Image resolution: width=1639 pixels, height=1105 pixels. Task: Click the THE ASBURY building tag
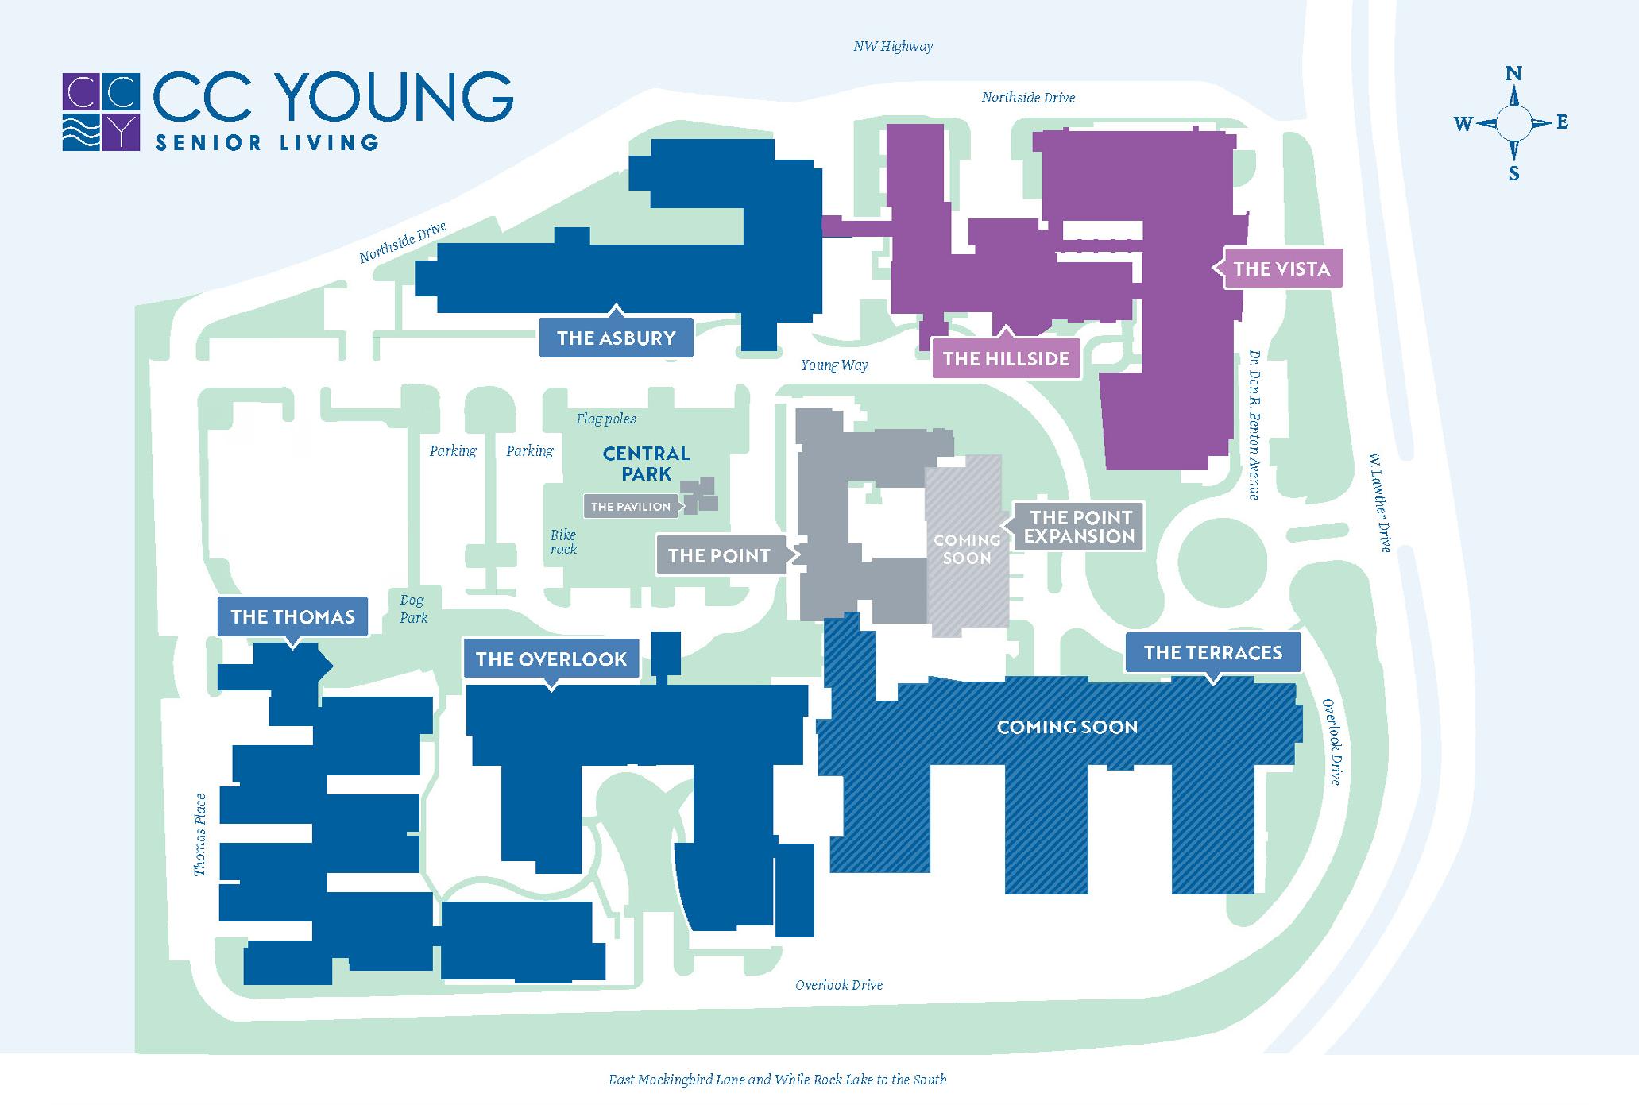click(x=616, y=338)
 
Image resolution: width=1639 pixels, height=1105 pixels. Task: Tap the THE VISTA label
click(x=1281, y=269)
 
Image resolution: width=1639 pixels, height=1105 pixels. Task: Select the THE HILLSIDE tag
click(x=1006, y=358)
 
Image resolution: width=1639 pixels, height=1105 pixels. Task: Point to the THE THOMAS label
click(x=292, y=616)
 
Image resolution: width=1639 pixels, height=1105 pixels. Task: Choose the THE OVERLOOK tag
click(x=551, y=659)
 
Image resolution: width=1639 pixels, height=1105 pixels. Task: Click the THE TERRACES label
click(x=1212, y=652)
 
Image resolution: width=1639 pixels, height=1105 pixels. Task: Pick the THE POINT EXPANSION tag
click(x=1078, y=526)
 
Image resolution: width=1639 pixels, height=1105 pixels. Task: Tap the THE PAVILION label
click(x=631, y=507)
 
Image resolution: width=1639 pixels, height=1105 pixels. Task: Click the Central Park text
click(x=646, y=463)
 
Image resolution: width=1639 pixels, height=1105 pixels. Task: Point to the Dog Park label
click(x=412, y=609)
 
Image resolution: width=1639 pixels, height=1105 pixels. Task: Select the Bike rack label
click(x=563, y=542)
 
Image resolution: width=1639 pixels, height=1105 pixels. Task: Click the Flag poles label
click(x=605, y=419)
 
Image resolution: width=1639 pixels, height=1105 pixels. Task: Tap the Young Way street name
click(x=833, y=365)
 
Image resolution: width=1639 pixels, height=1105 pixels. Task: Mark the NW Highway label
click(x=892, y=46)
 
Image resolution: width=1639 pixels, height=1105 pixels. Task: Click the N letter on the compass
click(x=1513, y=74)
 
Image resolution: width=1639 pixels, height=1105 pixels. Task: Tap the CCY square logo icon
click(x=101, y=112)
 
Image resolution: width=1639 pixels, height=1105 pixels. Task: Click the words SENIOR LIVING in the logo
click(x=266, y=143)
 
